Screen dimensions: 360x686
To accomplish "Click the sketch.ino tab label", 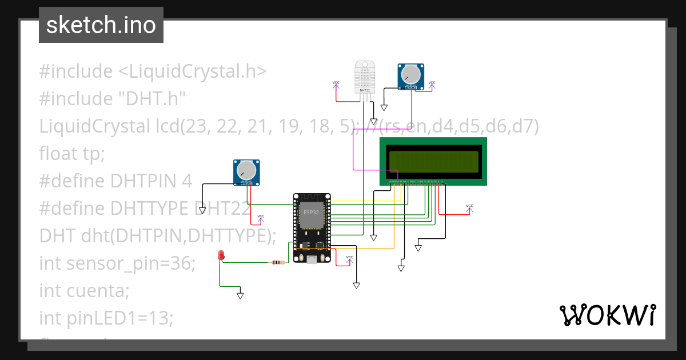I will (x=101, y=25).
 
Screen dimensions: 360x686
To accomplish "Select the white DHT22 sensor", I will (x=364, y=77).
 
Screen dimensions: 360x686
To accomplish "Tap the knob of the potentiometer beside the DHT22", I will (x=410, y=74).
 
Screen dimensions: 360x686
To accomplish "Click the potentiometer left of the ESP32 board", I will (x=246, y=172).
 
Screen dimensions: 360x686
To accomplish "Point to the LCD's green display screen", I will (x=433, y=161).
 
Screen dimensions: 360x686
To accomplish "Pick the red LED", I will (x=221, y=255).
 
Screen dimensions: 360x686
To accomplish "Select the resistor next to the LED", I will (x=277, y=263).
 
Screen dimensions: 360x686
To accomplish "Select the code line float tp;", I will (x=73, y=154).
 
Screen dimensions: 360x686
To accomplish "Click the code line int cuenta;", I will (x=85, y=291).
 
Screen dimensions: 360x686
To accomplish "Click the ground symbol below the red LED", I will (x=240, y=295).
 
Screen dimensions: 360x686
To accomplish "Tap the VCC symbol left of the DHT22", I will (x=336, y=84).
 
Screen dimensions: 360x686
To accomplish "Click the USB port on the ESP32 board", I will (x=312, y=259).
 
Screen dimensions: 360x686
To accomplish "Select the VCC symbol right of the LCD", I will (x=469, y=207).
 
